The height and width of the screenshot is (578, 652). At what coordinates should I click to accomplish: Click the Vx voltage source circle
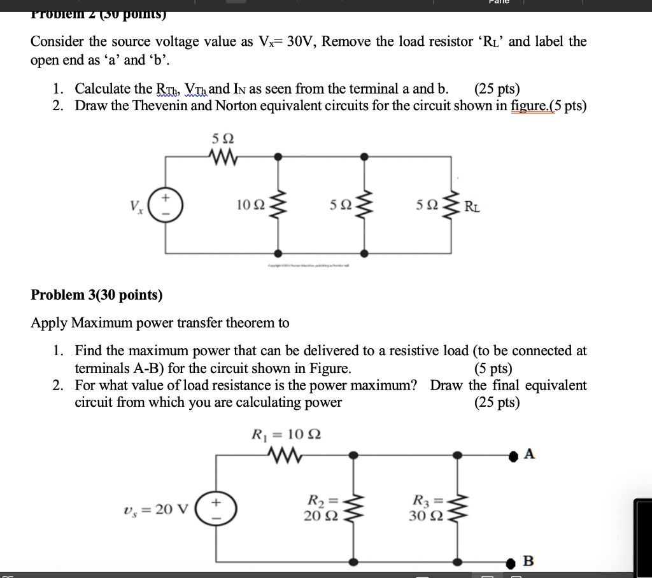[167, 204]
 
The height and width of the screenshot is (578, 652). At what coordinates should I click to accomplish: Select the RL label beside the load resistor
[472, 206]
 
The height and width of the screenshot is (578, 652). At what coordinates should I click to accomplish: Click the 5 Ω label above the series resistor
[218, 137]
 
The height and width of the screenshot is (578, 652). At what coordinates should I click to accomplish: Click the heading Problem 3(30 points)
[97, 295]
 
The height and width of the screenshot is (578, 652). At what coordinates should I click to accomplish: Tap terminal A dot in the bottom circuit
[514, 455]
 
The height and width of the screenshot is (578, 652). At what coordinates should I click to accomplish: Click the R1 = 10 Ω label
[287, 435]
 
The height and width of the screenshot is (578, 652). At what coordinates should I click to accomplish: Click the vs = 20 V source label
[155, 509]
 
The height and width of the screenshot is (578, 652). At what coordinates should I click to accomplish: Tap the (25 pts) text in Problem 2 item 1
[497, 88]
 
